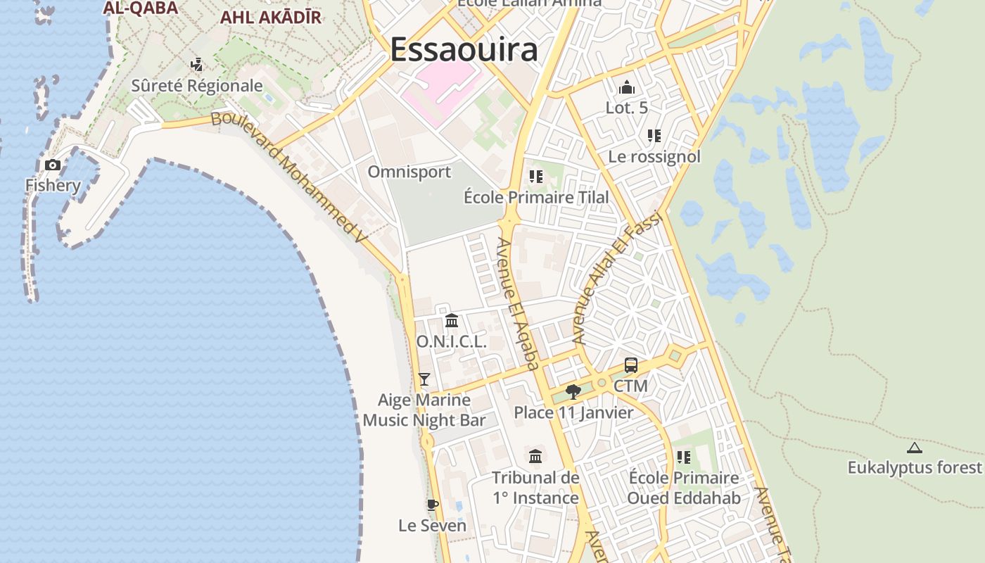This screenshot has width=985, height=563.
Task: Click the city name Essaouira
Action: [464, 49]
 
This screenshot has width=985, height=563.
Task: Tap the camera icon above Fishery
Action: [53, 165]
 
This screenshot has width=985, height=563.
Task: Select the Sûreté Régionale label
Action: [197, 86]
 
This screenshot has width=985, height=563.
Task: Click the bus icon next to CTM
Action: [631, 365]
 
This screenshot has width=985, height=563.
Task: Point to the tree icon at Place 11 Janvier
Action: [573, 391]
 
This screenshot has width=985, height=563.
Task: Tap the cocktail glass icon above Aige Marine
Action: [424, 379]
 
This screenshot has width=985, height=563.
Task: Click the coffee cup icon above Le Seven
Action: [433, 505]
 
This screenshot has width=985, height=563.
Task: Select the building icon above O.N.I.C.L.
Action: [452, 321]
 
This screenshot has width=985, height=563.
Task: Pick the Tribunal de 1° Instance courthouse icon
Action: [535, 456]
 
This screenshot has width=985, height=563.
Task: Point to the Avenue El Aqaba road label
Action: [518, 303]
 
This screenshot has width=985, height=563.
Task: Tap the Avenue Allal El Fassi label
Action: [618, 277]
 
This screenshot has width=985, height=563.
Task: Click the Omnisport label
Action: [409, 172]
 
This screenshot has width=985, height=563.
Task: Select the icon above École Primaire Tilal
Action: [536, 177]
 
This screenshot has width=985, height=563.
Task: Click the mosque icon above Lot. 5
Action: [626, 87]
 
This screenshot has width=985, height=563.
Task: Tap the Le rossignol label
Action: [654, 156]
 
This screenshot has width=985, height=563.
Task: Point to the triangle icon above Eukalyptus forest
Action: [914, 448]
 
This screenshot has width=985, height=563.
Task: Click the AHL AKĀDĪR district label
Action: [271, 18]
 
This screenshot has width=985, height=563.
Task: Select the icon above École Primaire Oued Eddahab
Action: [683, 457]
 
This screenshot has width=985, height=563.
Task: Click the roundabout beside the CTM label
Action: [601, 383]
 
